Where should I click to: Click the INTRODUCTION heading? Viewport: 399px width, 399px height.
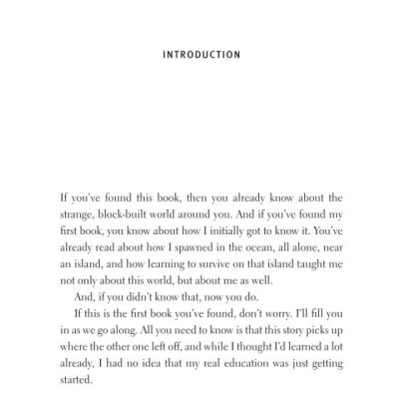click(x=200, y=55)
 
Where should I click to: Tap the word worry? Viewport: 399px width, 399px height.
click(x=274, y=310)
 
